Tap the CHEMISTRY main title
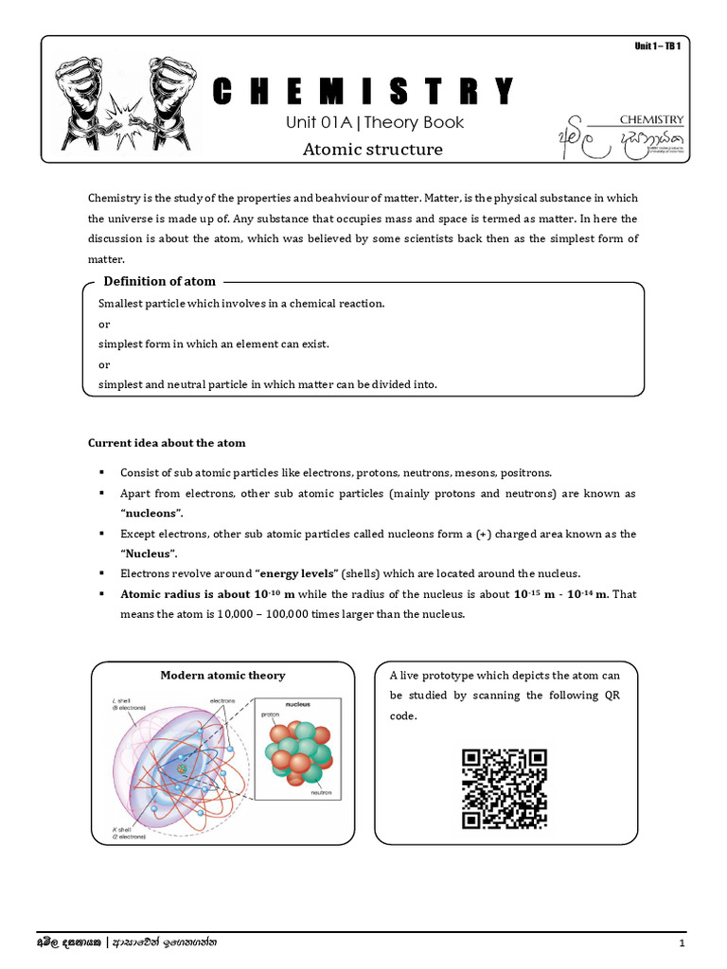point(363,91)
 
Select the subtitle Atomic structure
point(372,150)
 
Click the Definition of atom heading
point(159,281)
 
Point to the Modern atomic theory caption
point(222,675)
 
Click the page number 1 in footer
point(681,944)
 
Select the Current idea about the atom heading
point(167,443)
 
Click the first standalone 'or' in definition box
point(104,324)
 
